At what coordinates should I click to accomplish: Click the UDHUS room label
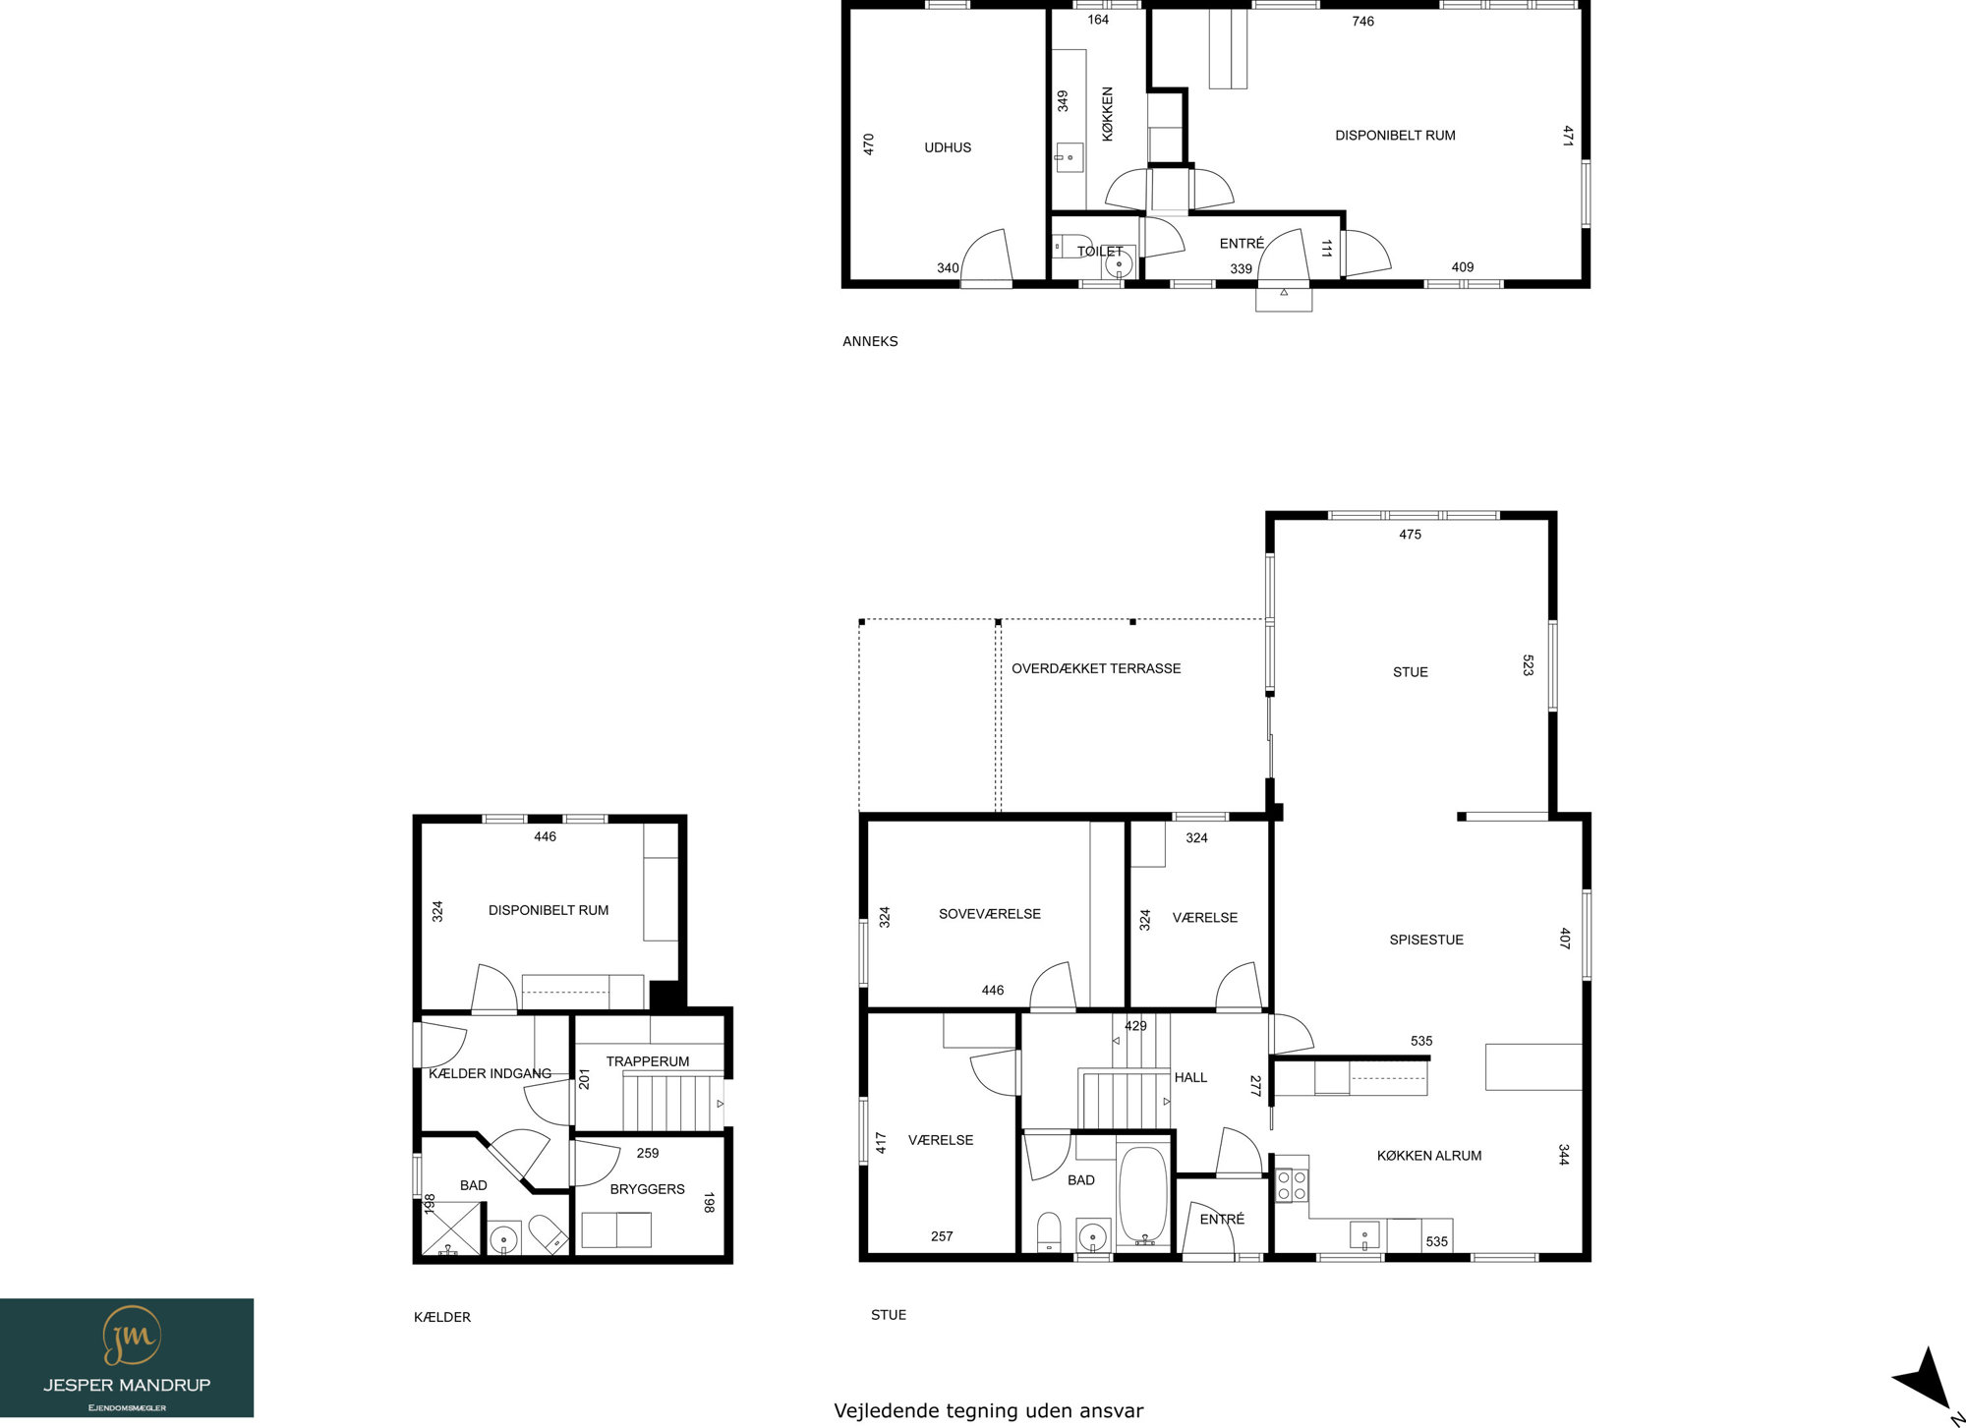click(948, 147)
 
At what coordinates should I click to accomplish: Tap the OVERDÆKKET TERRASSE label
click(1096, 668)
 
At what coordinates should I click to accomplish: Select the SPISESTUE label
click(1426, 940)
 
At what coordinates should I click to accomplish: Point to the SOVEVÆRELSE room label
click(989, 914)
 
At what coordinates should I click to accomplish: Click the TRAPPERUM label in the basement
click(647, 1061)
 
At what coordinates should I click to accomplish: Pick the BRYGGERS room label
click(647, 1189)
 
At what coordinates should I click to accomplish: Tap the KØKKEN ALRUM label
click(1429, 1156)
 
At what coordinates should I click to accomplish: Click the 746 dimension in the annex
click(1362, 22)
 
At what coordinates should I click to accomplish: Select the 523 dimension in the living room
click(1528, 665)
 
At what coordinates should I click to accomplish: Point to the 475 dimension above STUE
click(1410, 535)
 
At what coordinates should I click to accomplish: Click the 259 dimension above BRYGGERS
click(647, 1153)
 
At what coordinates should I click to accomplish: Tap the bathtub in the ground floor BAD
click(1142, 1195)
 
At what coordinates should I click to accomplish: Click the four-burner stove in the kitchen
click(1292, 1184)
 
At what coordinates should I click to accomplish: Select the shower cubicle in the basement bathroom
click(451, 1228)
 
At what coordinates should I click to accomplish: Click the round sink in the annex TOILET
click(1119, 263)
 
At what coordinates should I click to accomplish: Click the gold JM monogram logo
click(132, 1336)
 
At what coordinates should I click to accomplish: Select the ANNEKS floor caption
click(870, 342)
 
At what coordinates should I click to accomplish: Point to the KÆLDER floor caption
click(442, 1317)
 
